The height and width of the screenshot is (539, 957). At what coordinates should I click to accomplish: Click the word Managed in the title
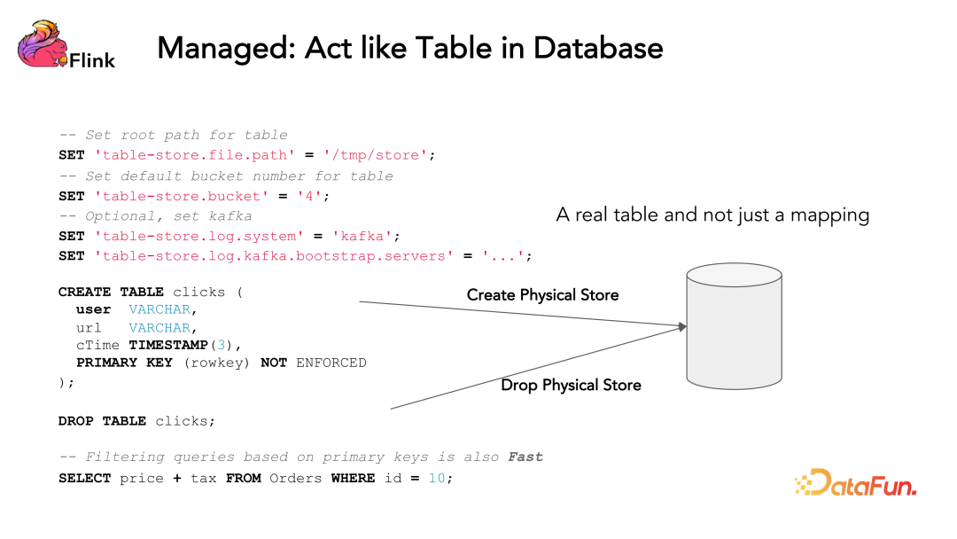pos(224,48)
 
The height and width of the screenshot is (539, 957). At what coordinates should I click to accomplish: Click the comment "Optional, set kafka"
pos(168,216)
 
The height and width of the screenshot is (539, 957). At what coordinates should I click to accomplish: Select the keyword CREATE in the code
pos(84,292)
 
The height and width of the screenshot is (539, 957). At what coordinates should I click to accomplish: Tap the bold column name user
pos(93,309)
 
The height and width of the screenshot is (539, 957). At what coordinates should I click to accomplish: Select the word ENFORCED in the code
pos(331,363)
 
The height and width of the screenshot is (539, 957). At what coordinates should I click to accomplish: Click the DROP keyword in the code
pos(75,421)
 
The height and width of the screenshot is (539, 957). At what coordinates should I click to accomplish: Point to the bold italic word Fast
pos(525,457)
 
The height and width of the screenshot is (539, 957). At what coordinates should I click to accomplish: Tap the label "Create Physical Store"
pos(542,295)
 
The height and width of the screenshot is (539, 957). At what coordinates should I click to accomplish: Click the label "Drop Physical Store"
pos(571,385)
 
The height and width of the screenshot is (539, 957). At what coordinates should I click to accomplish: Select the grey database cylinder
pos(734,326)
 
